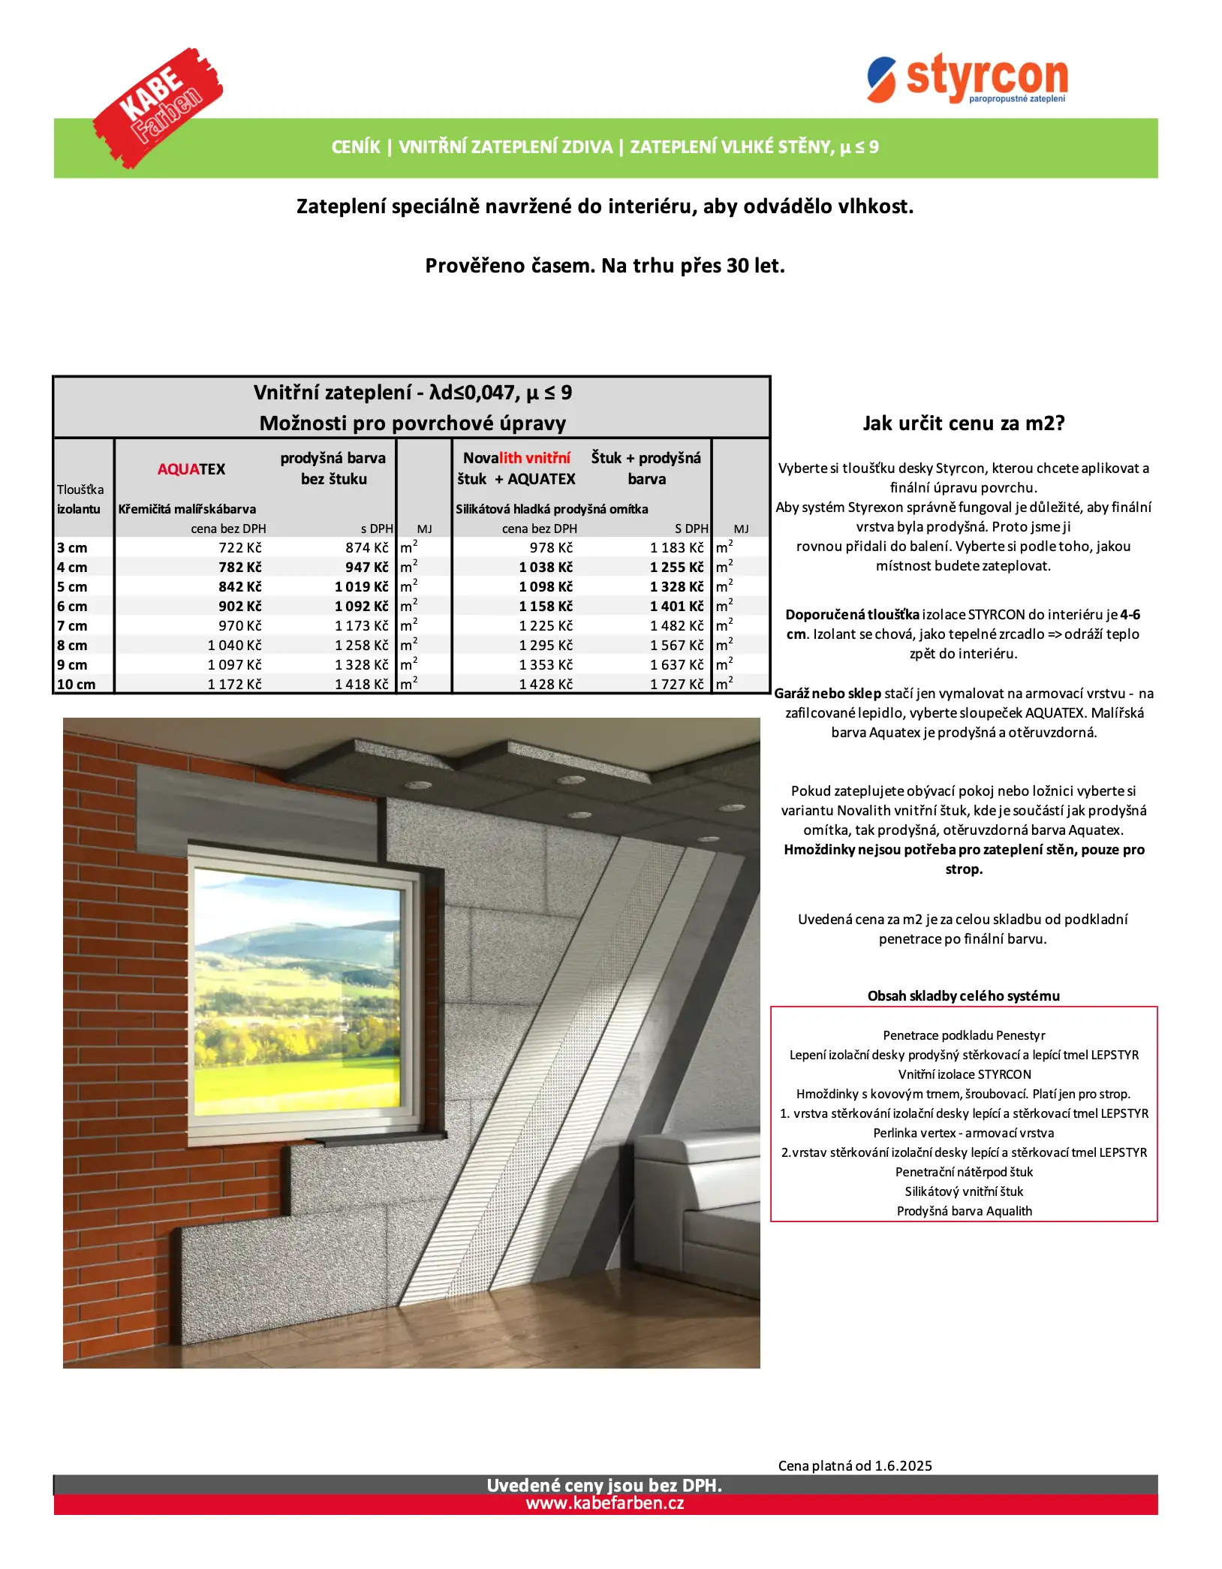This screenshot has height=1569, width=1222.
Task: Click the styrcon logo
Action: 968,79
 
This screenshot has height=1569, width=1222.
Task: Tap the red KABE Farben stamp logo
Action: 158,107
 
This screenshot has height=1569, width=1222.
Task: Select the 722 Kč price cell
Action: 240,548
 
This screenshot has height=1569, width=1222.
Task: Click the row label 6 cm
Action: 73,607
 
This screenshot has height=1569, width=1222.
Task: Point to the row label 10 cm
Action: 77,685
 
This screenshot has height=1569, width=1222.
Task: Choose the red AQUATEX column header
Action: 191,469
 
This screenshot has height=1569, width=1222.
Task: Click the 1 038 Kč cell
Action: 546,568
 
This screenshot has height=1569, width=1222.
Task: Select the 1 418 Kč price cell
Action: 362,685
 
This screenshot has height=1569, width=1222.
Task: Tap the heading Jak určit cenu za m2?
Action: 964,423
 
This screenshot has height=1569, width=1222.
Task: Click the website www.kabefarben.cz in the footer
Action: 605,1504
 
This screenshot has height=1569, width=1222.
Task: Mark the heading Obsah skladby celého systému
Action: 964,996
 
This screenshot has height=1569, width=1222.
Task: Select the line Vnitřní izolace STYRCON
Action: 965,1074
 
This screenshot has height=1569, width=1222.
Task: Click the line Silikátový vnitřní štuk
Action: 965,1191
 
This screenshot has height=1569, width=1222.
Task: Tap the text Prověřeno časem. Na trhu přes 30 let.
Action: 605,266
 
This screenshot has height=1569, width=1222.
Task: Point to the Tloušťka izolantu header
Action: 80,499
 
